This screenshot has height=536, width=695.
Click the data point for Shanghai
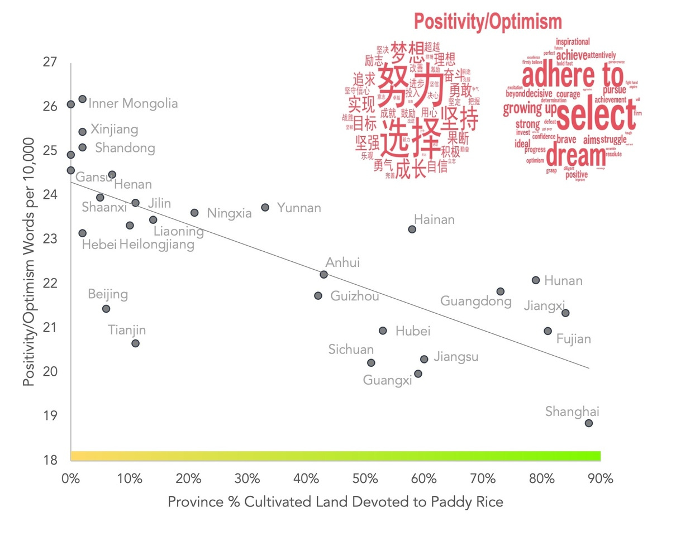(x=588, y=423)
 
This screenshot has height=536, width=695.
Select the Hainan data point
(x=412, y=229)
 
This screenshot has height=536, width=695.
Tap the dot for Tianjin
(x=135, y=343)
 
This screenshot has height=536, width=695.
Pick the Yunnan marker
(x=265, y=208)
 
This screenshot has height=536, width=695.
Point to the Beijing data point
(x=106, y=309)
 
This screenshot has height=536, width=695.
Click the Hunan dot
(x=536, y=280)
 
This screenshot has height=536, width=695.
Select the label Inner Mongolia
(x=133, y=103)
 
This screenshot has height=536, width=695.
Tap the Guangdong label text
(x=475, y=301)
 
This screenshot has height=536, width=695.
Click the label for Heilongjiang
(x=157, y=245)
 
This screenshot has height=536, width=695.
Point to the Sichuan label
(x=351, y=350)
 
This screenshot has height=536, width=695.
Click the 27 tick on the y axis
(x=50, y=62)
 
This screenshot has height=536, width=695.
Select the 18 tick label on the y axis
(x=50, y=460)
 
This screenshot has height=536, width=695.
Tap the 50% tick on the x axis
(x=365, y=478)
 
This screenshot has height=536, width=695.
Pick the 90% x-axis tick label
(x=601, y=478)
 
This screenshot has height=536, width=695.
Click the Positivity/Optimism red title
(x=488, y=22)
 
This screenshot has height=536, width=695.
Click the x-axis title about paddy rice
(x=335, y=502)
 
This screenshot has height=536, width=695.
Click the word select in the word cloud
(x=597, y=116)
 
